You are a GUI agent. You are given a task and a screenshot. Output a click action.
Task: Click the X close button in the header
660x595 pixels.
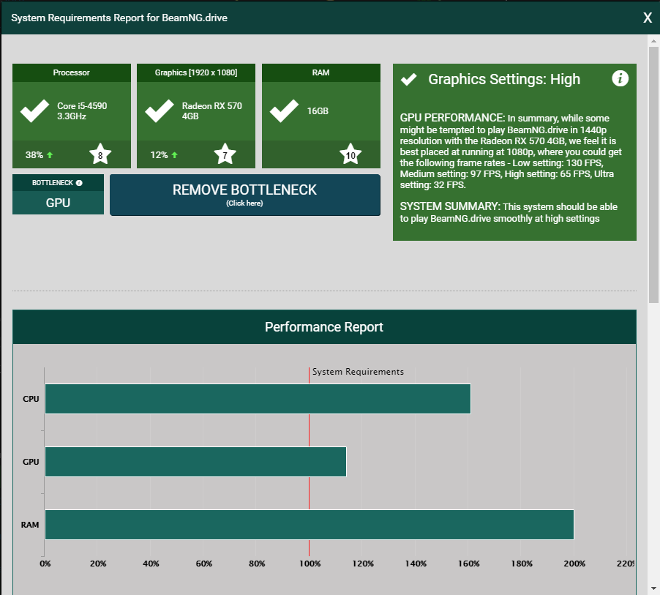(648, 18)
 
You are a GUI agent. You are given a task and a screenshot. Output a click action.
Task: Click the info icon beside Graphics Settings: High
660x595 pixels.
(620, 78)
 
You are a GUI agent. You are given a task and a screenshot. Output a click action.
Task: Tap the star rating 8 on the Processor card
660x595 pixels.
(100, 154)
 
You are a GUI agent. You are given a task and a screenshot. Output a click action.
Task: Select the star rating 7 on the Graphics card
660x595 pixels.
(225, 154)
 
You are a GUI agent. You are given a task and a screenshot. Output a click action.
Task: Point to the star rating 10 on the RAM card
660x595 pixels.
(350, 154)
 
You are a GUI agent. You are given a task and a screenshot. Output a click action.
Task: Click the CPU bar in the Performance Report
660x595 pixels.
(258, 399)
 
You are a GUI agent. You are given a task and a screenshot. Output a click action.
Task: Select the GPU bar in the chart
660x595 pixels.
(195, 462)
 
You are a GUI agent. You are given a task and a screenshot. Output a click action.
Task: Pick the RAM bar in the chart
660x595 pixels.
(310, 525)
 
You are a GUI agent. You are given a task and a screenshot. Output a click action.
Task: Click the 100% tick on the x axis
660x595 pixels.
(310, 564)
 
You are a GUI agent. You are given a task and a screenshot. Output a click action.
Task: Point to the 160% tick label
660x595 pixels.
(468, 564)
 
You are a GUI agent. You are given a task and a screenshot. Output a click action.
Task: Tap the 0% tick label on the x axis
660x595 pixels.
(45, 564)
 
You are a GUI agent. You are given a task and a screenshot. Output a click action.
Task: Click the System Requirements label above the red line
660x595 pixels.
(358, 372)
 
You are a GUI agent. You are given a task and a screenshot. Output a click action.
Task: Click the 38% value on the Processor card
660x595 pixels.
(34, 155)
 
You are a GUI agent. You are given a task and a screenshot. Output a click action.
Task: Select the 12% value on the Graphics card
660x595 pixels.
(159, 155)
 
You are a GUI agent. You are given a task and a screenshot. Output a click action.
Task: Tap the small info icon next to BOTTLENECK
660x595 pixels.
(79, 183)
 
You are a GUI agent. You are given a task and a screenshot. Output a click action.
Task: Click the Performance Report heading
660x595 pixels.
(324, 326)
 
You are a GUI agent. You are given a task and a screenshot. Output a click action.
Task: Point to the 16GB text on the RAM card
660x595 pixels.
(318, 111)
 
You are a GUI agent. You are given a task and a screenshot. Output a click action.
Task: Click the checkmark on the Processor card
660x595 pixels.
(34, 111)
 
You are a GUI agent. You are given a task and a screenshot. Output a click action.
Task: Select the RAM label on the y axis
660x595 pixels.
(30, 525)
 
